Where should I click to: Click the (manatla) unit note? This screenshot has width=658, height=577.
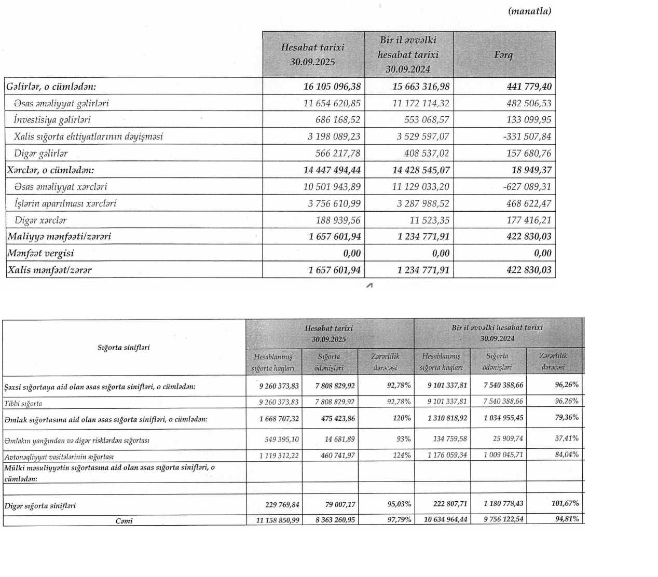[529, 11]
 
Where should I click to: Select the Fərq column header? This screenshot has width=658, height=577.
[503, 54]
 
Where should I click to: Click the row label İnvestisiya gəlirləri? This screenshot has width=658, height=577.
[52, 120]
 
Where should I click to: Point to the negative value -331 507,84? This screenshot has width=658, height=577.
[527, 136]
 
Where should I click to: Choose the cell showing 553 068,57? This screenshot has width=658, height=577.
[427, 120]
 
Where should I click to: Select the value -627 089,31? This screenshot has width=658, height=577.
[527, 187]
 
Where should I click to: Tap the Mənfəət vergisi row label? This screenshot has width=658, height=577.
[40, 253]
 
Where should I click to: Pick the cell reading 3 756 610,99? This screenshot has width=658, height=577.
[334, 203]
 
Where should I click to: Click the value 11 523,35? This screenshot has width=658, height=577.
[429, 220]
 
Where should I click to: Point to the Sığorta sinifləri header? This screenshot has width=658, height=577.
[124, 347]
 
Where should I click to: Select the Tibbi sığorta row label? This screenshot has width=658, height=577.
[23, 403]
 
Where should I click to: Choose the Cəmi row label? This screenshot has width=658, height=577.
[124, 520]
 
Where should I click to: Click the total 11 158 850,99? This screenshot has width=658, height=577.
[278, 519]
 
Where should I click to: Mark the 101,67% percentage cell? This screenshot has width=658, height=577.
[565, 503]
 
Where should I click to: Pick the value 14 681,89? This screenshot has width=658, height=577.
[337, 439]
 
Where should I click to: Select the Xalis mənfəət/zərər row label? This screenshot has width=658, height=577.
[50, 270]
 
